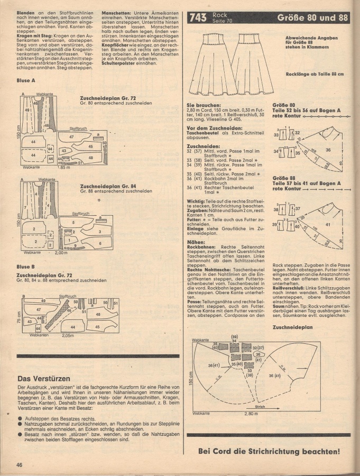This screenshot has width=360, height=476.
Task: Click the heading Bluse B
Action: tap(26, 267)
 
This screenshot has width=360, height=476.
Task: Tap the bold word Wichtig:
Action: tap(197, 202)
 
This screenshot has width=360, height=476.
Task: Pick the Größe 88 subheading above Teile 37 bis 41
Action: tap(284, 178)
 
